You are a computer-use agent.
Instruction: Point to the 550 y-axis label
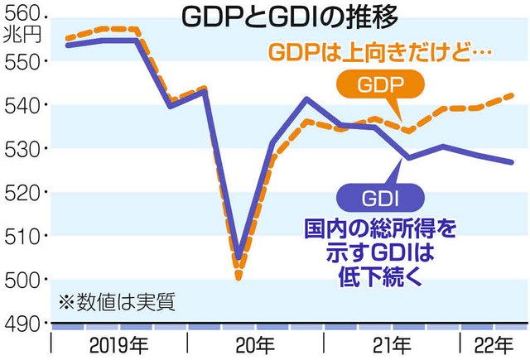(x=26, y=60)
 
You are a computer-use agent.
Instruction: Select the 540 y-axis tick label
(x=26, y=105)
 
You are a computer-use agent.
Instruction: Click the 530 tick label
(x=26, y=149)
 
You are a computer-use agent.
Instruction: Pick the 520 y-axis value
(x=26, y=193)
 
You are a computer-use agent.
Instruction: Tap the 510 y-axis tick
(x=26, y=237)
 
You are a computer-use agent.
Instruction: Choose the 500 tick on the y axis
(x=26, y=281)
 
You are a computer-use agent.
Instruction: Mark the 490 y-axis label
(x=26, y=324)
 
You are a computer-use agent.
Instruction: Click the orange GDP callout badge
(x=379, y=86)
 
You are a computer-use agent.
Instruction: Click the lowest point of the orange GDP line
(x=238, y=277)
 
